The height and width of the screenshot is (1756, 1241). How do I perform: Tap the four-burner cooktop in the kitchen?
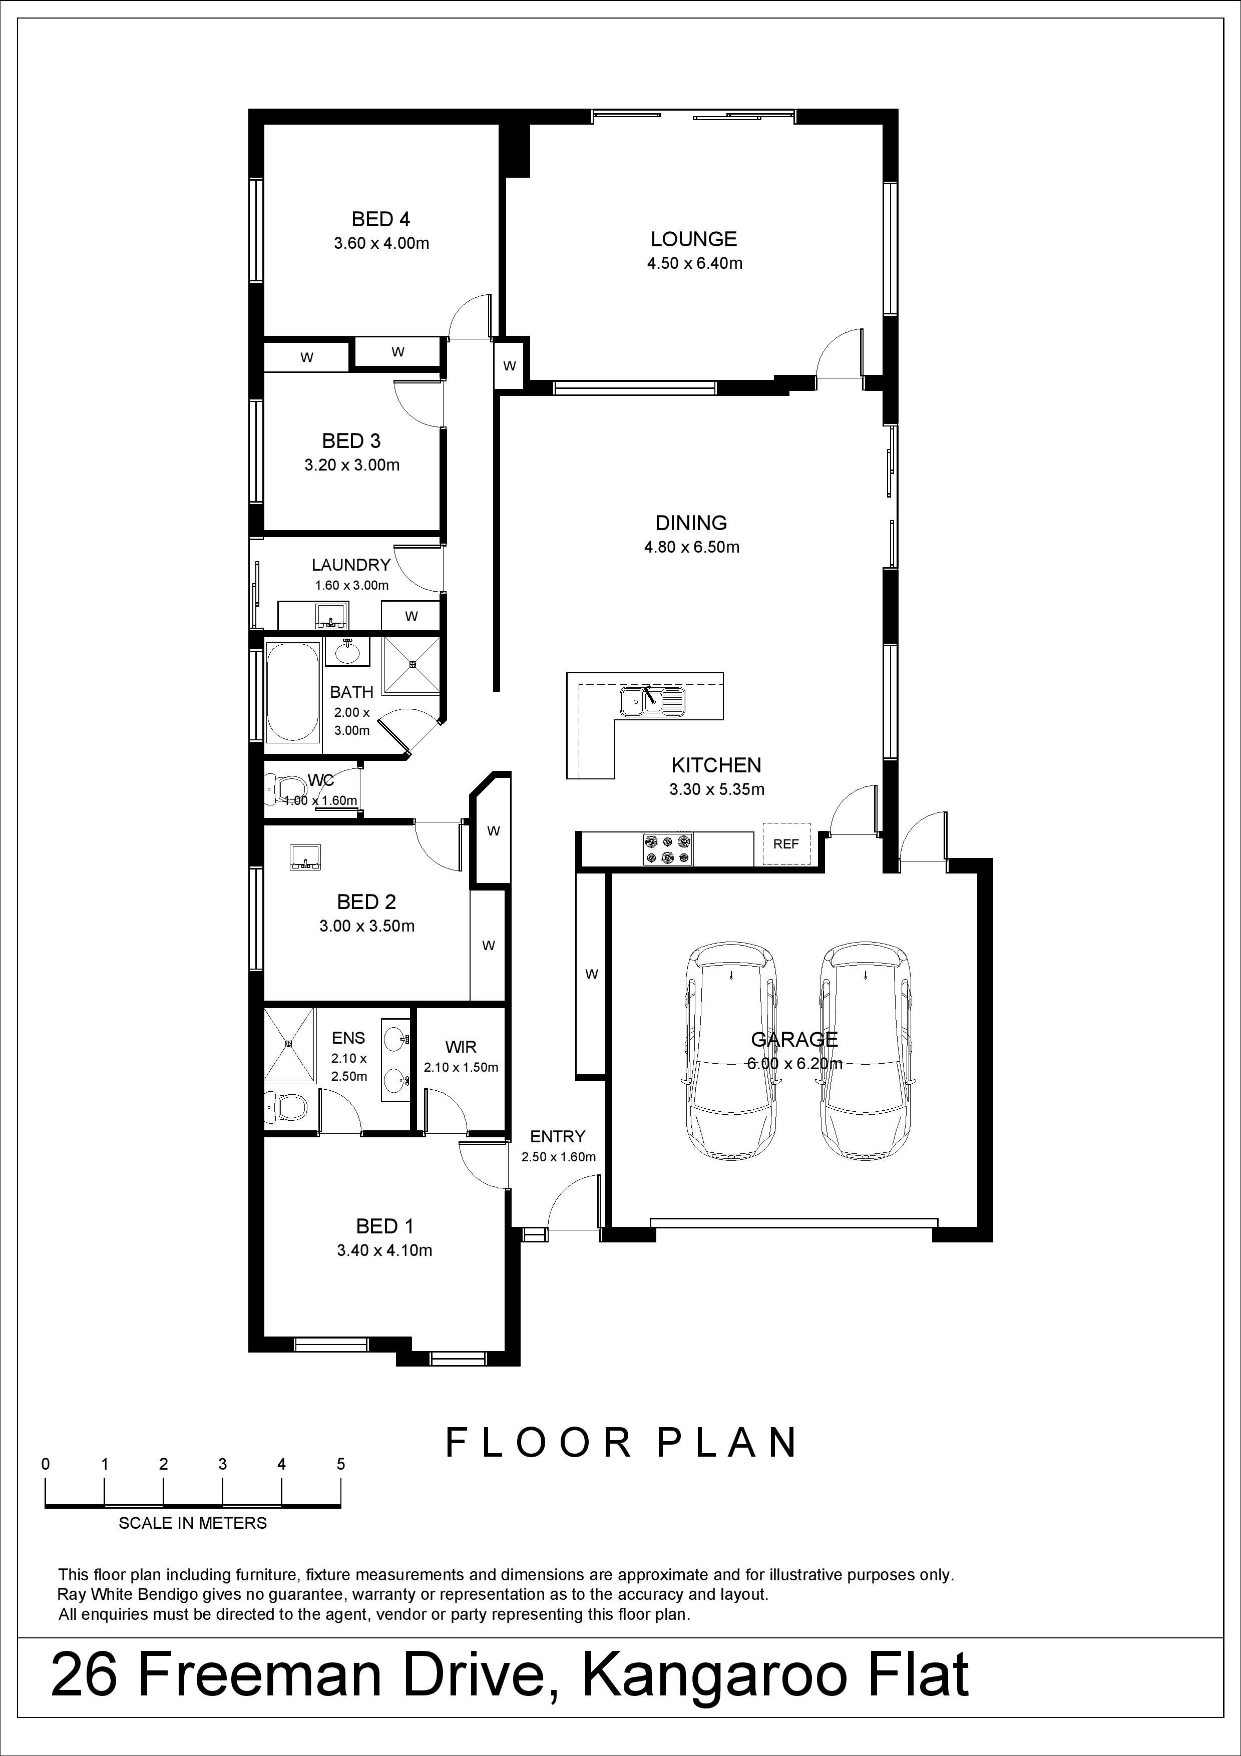point(668,849)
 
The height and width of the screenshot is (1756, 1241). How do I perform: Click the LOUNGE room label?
point(693,239)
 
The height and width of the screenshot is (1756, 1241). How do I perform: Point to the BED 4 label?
point(381,219)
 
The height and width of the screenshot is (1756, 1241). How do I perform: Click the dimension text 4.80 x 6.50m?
point(692,547)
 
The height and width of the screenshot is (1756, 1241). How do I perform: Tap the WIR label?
point(461,1047)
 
